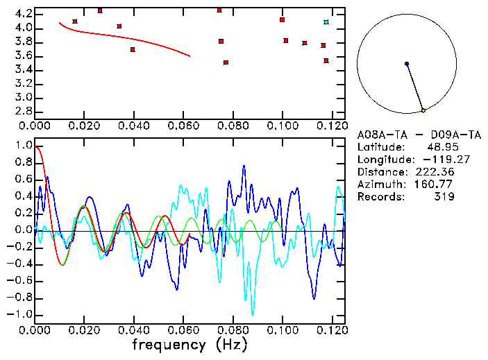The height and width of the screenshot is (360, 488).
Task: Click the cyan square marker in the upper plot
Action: pos(326,22)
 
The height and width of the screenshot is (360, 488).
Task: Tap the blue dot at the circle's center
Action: pos(407,64)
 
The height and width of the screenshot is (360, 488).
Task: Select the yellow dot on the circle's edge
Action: pos(423,110)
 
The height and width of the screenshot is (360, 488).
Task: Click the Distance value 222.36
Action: pos(435,172)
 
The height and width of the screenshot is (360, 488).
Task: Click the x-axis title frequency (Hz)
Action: pos(189,344)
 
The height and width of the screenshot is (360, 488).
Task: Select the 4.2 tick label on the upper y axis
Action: pos(23,14)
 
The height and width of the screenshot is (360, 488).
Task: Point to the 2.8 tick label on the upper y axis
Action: pos(23,111)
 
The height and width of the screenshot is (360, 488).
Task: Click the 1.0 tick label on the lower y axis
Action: pos(23,146)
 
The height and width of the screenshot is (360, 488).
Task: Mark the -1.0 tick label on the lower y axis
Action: pos(20,314)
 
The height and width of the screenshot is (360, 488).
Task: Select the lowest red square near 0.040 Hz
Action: pos(133,49)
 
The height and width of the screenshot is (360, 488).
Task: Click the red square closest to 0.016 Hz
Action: pos(75,22)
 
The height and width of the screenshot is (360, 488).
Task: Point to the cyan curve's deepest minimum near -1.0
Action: pos(253,314)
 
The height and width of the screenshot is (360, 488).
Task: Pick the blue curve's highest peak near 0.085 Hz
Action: pos(244,166)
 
